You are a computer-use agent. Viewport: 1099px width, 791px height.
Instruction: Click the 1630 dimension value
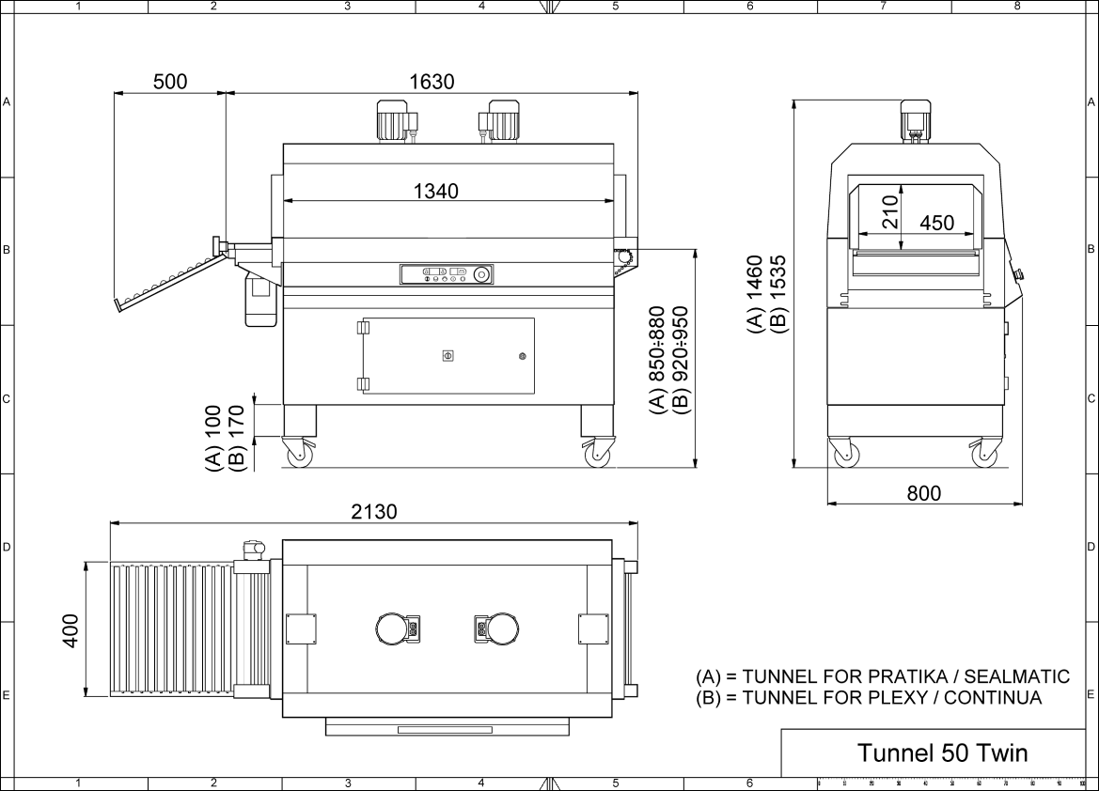(x=432, y=82)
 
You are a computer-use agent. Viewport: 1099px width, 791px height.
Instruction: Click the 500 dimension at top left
(x=169, y=82)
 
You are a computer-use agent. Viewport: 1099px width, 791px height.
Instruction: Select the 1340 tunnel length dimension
(x=436, y=192)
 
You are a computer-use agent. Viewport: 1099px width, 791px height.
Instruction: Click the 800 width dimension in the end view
(x=923, y=493)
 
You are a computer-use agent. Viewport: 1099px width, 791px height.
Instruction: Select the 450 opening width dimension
(x=936, y=223)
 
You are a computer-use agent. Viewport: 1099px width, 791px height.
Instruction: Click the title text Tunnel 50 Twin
(x=941, y=752)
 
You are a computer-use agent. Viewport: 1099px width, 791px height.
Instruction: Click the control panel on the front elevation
(x=447, y=274)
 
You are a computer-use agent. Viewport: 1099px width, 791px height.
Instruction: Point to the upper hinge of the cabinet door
(x=362, y=329)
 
